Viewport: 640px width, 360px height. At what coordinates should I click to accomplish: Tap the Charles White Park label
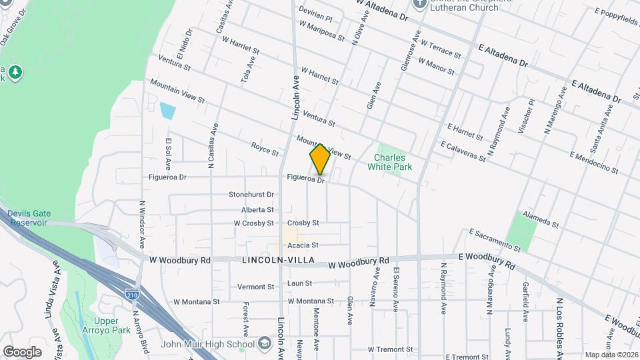pyautogui.click(x=393, y=163)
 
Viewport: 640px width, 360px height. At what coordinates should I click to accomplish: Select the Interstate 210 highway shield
pyautogui.click(x=131, y=293)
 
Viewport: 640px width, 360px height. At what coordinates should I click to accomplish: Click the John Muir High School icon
pyautogui.click(x=265, y=344)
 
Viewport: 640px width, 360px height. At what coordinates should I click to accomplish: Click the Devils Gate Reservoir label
pyautogui.click(x=27, y=218)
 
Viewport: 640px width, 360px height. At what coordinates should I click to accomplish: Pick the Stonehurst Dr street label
pyautogui.click(x=251, y=195)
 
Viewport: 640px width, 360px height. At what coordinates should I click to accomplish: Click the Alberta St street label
pyautogui.click(x=257, y=209)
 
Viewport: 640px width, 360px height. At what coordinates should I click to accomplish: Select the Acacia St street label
pyautogui.click(x=303, y=245)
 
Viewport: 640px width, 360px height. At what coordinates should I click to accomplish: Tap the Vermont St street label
pyautogui.click(x=256, y=287)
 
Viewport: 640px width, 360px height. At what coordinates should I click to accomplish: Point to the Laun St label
pyautogui.click(x=299, y=283)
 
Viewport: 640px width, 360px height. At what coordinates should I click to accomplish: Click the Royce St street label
pyautogui.click(x=265, y=149)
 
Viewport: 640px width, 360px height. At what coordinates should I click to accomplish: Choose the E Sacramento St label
pyautogui.click(x=494, y=240)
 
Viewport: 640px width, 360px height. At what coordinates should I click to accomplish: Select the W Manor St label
pyautogui.click(x=436, y=66)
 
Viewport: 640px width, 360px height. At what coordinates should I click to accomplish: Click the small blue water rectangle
pyautogui.click(x=168, y=110)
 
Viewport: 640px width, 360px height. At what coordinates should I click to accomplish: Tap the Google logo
pyautogui.click(x=22, y=351)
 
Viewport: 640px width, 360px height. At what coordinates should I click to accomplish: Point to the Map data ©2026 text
pyautogui.click(x=611, y=355)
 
